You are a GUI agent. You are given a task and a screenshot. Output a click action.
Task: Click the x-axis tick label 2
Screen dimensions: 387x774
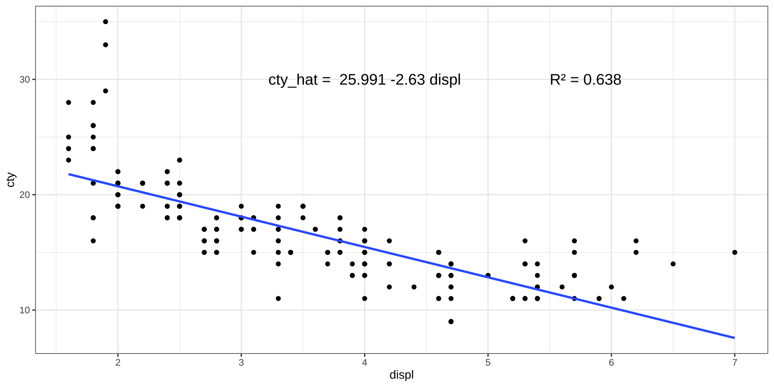pyautogui.click(x=118, y=363)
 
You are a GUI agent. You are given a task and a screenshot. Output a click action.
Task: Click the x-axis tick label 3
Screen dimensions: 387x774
pyautogui.click(x=241, y=363)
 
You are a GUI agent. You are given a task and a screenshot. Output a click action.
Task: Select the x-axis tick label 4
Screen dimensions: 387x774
pyautogui.click(x=364, y=363)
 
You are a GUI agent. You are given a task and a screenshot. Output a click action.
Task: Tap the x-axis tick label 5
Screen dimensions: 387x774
pyautogui.click(x=488, y=363)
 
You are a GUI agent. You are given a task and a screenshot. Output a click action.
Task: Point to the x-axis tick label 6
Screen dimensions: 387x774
pyautogui.click(x=611, y=363)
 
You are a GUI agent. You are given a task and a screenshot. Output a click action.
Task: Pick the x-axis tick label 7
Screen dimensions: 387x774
pyautogui.click(x=734, y=363)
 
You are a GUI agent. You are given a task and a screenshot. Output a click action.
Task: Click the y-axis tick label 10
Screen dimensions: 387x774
pyautogui.click(x=25, y=310)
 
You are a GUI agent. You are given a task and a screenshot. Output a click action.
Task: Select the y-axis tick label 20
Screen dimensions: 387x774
pyautogui.click(x=25, y=195)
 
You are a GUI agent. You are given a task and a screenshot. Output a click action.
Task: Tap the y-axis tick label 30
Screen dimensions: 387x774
pyautogui.click(x=25, y=79)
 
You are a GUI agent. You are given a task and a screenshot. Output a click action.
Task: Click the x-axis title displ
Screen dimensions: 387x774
pyautogui.click(x=402, y=375)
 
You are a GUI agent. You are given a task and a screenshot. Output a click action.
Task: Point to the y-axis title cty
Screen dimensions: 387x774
pyautogui.click(x=11, y=180)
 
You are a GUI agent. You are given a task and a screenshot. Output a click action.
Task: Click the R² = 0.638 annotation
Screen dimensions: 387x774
pyautogui.click(x=585, y=80)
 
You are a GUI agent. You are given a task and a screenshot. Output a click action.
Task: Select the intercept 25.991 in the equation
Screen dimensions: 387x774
pyautogui.click(x=362, y=80)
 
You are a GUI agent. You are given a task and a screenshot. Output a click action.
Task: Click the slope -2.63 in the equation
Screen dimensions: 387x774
pyautogui.click(x=408, y=80)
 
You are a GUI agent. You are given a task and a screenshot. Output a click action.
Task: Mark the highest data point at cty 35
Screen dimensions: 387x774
pyautogui.click(x=106, y=22)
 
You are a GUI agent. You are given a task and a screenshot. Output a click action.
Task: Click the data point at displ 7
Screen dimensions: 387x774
pyautogui.click(x=734, y=252)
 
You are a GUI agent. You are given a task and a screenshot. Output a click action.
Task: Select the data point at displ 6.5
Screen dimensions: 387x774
pyautogui.click(x=673, y=264)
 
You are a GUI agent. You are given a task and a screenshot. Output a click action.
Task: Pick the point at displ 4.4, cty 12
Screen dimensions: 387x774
pyautogui.click(x=414, y=287)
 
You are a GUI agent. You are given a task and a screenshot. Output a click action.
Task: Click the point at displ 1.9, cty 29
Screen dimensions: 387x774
pyautogui.click(x=106, y=91)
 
